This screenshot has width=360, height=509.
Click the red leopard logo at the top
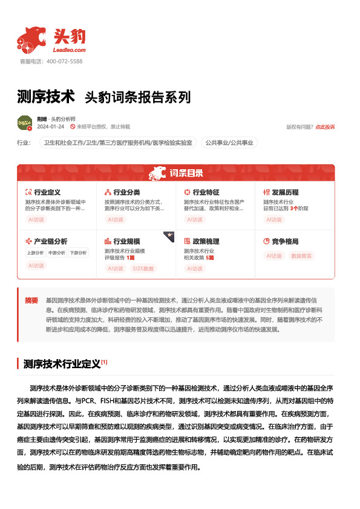point(31,39)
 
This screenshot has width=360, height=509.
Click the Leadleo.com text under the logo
point(70,50)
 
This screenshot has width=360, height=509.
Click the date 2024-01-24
point(50,127)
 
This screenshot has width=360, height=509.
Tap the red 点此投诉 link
point(325,127)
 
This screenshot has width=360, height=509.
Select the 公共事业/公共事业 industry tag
point(229,143)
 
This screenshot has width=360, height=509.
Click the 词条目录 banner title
point(186,173)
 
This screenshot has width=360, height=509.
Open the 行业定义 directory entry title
point(47,192)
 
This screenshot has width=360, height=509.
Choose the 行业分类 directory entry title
point(126,192)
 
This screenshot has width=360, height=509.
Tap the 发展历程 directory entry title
point(285,192)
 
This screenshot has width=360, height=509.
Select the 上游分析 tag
point(35,253)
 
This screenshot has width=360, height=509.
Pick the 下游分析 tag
point(77,253)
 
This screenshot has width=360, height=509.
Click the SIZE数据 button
point(143,268)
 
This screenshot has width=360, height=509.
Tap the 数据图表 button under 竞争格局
point(302,256)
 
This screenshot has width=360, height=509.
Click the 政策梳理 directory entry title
point(206,241)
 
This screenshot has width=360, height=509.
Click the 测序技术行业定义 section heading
point(61,364)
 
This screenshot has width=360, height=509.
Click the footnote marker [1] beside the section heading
point(104,362)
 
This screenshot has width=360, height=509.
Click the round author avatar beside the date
point(25,123)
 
